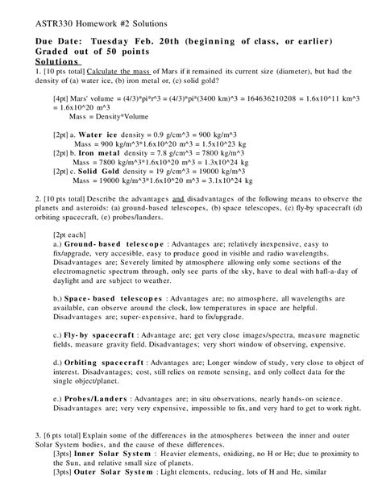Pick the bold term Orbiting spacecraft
(x=109, y=362)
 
